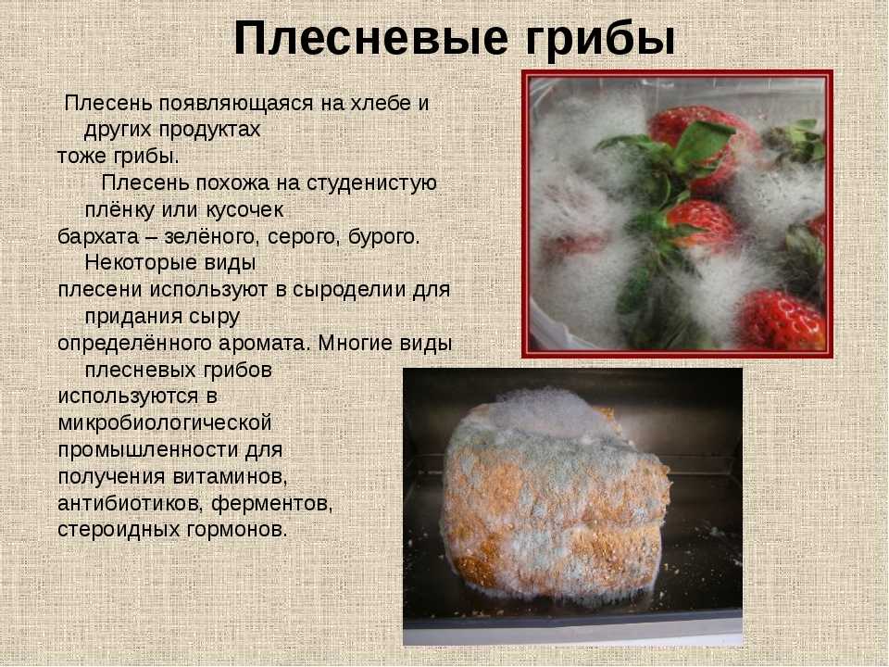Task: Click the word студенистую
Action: click(x=371, y=183)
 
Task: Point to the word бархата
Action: click(x=98, y=236)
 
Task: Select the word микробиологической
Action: click(x=165, y=423)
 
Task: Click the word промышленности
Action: click(x=148, y=450)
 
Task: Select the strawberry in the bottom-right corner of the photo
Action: click(x=782, y=321)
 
